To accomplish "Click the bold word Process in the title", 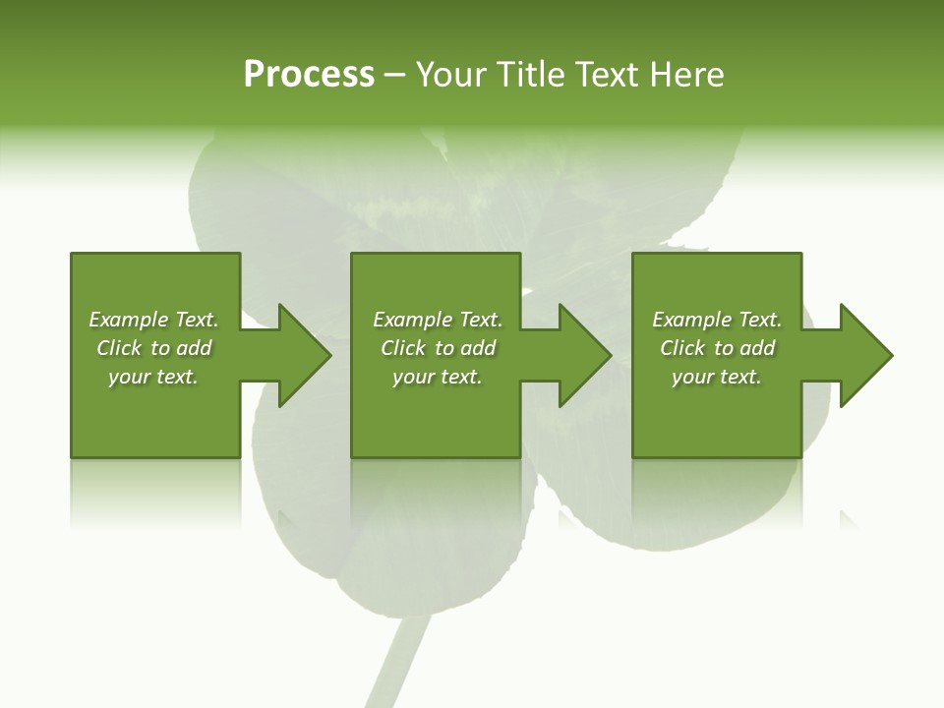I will (309, 75).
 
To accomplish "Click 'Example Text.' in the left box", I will (153, 320).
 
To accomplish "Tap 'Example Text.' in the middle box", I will (438, 320).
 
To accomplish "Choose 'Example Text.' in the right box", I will (717, 320).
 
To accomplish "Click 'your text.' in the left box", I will (153, 377).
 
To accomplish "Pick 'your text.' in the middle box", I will (438, 377).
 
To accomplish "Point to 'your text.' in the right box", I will (717, 377).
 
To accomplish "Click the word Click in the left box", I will (119, 348).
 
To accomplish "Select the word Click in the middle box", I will (403, 348).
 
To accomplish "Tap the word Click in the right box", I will (682, 348).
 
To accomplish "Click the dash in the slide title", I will (394, 76).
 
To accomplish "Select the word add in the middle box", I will (479, 348).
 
